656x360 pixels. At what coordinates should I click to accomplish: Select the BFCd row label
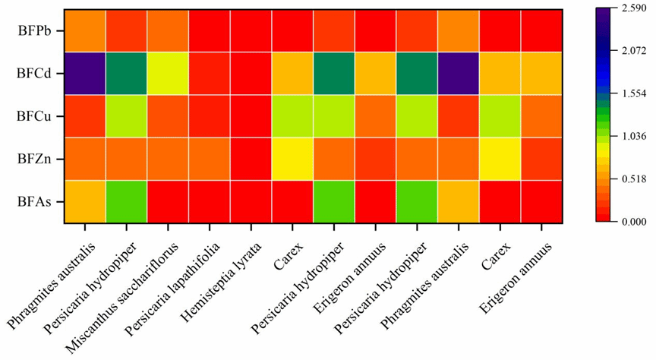[x=36, y=74]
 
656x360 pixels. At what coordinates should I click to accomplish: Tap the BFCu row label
[x=36, y=117]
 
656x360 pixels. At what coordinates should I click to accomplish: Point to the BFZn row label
[x=36, y=159]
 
